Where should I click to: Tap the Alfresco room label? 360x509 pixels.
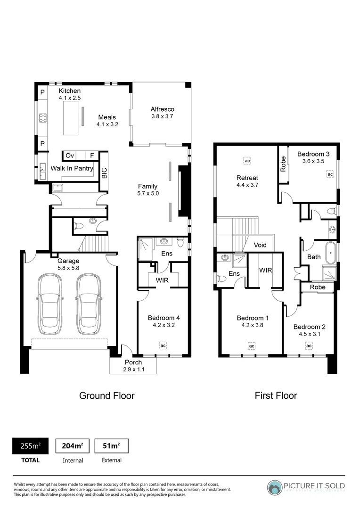(x=163, y=109)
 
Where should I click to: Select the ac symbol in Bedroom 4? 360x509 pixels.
(x=163, y=345)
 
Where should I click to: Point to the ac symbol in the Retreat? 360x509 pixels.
(x=247, y=160)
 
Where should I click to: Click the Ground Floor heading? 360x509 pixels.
(x=106, y=395)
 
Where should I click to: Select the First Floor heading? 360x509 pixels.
(x=276, y=395)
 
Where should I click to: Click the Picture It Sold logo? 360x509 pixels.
(x=306, y=487)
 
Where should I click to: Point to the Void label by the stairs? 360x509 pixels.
(x=260, y=245)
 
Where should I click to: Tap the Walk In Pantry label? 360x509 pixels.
(x=72, y=168)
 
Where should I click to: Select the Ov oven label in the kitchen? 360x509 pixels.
(x=70, y=156)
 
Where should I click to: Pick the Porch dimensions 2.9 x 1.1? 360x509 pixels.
(x=133, y=369)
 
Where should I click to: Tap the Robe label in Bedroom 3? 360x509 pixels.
(x=283, y=164)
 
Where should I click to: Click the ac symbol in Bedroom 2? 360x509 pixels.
(x=309, y=346)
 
